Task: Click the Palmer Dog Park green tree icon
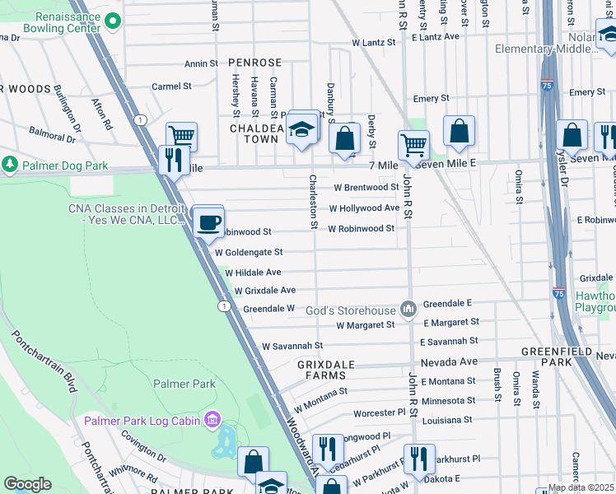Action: [10, 165]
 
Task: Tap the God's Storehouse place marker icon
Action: [408, 309]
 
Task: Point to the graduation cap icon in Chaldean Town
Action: [302, 129]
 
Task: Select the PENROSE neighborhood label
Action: [254, 63]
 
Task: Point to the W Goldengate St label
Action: [249, 252]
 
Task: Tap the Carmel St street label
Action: [171, 86]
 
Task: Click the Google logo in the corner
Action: [28, 483]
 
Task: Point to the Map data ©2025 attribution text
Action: [581, 487]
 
